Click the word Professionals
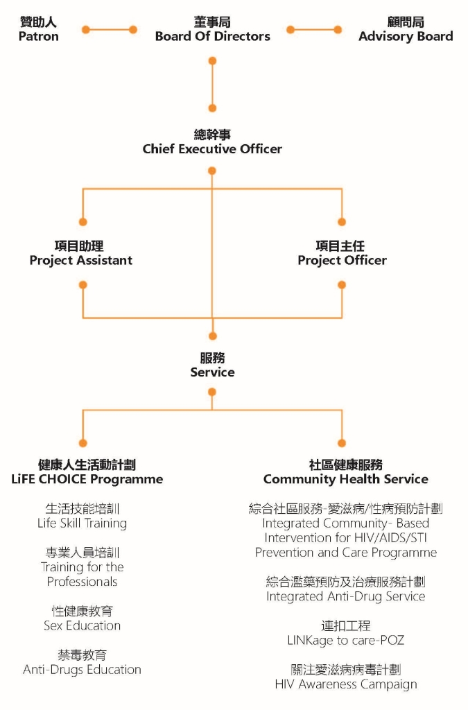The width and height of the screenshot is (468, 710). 82,582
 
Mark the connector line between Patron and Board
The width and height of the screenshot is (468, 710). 109,30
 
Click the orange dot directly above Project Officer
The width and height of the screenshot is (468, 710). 342,222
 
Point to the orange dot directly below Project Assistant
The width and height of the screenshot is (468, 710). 83,285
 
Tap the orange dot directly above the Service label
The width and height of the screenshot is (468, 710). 212,336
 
